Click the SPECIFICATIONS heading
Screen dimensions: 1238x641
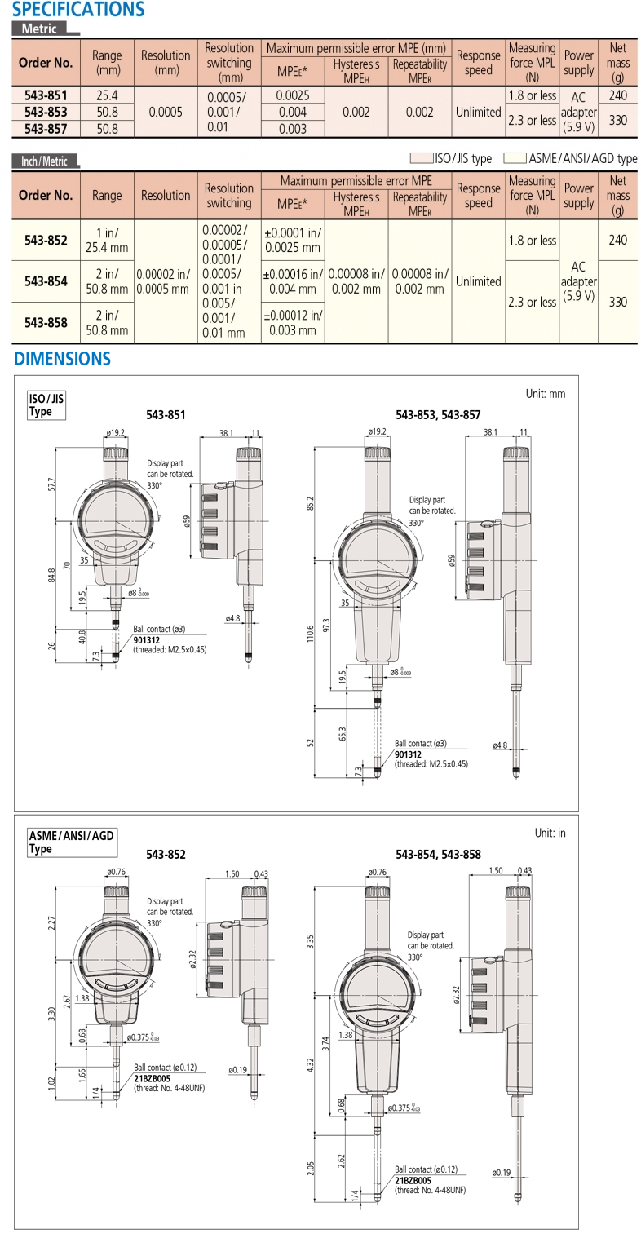78,10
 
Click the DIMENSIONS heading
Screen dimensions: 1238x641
62,358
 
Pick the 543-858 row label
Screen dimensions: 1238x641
46,322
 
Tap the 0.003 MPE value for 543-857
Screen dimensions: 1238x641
292,129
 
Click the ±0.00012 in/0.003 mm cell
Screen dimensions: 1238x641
293,322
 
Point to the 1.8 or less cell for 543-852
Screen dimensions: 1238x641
531,241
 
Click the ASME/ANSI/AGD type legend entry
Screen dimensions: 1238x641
571,159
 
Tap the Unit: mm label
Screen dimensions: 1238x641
545,394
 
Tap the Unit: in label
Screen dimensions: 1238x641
550,833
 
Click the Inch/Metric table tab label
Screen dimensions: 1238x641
45,161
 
